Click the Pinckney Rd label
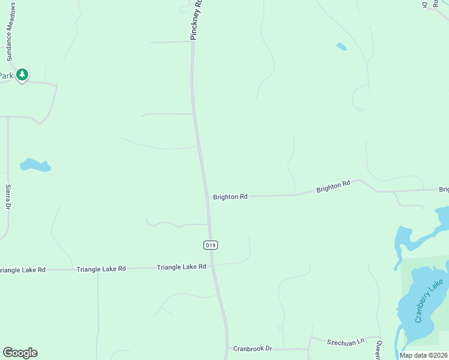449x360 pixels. click(197, 20)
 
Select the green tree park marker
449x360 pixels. click(22, 74)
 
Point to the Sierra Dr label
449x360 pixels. click(8, 196)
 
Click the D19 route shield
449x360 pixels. click(210, 245)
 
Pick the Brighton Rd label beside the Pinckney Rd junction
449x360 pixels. click(230, 196)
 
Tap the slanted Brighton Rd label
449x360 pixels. click(333, 187)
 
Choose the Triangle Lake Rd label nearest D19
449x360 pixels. click(181, 267)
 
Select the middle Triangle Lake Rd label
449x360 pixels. click(101, 269)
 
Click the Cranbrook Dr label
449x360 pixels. click(252, 349)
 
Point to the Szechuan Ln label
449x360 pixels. click(345, 341)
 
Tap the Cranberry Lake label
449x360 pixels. click(429, 301)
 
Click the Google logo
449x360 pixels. click(20, 353)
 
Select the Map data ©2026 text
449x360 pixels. click(423, 355)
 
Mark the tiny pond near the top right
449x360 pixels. click(342, 47)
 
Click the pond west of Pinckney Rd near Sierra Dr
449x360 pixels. click(34, 166)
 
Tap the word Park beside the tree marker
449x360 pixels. click(6, 76)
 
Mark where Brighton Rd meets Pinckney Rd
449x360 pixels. click(207, 196)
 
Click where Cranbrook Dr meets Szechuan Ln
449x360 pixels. click(309, 347)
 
